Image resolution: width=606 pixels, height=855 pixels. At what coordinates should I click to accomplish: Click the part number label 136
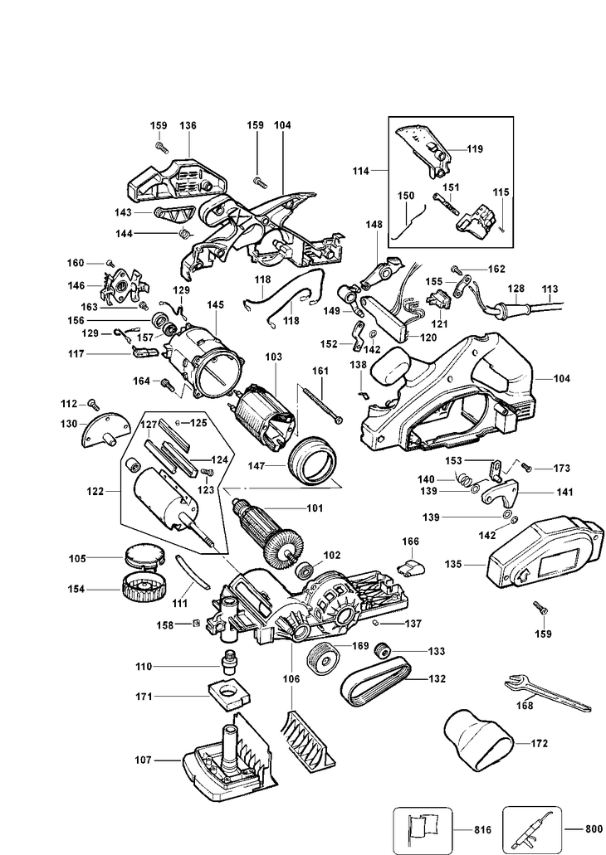tap(188, 125)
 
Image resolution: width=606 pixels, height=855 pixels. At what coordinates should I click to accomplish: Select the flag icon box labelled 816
tap(422, 828)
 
